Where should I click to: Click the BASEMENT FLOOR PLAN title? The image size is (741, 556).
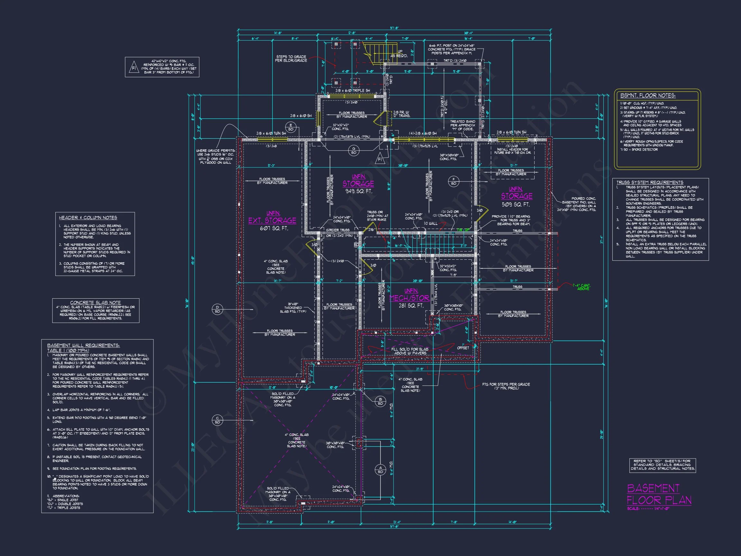(x=659, y=494)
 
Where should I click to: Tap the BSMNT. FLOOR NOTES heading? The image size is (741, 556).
(x=647, y=96)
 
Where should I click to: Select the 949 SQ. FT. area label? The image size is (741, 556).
(x=359, y=191)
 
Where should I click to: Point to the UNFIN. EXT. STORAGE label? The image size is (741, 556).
(x=272, y=218)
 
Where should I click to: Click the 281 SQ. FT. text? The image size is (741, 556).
(x=411, y=306)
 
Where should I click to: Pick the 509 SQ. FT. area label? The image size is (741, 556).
(x=516, y=204)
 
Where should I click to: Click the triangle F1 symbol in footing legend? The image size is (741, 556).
(x=134, y=67)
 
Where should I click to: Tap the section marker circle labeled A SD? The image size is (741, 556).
(x=380, y=469)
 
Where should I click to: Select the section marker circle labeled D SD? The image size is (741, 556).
(x=217, y=309)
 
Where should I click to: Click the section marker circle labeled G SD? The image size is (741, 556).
(x=354, y=151)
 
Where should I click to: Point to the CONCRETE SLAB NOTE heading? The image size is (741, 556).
(x=96, y=302)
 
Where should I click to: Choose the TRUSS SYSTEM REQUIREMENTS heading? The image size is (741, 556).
(x=650, y=182)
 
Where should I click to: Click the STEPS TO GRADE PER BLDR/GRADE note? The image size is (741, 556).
(x=291, y=59)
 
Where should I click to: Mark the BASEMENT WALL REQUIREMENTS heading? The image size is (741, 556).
(x=83, y=345)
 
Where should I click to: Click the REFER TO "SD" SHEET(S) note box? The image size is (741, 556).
(x=662, y=465)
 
